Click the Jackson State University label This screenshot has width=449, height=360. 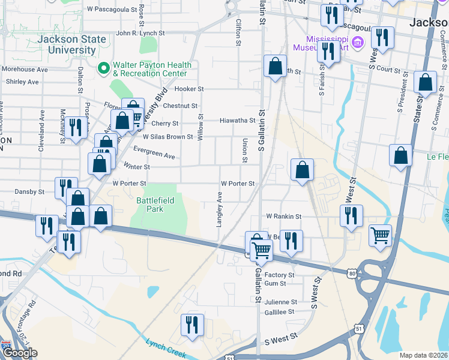point(71,45)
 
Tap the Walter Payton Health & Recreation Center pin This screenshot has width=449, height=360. point(103,68)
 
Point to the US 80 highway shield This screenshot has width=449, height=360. point(352,274)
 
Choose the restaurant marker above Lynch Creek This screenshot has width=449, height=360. point(192,325)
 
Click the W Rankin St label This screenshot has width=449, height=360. point(283,216)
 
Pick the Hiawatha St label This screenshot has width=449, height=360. point(238,120)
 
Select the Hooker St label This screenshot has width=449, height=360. point(190,89)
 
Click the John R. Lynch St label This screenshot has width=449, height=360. point(140,34)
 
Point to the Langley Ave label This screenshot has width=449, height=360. point(220,209)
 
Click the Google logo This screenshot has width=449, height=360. point(20,353)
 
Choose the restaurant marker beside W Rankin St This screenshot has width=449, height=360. point(351,216)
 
